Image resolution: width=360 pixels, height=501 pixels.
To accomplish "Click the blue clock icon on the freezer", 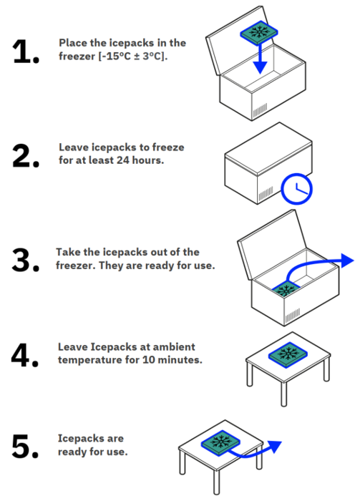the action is click(296, 189).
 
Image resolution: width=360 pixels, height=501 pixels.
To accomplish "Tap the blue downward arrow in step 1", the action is click(261, 59).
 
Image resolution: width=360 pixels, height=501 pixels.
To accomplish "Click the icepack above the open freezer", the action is click(259, 33).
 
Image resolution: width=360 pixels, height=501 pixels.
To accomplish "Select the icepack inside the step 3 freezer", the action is click(286, 290).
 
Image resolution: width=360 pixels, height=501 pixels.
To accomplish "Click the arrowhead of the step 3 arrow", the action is click(347, 261).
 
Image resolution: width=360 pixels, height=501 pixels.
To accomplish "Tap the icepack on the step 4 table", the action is click(288, 355).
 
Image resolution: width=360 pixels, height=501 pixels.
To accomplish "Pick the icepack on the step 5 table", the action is click(220, 443).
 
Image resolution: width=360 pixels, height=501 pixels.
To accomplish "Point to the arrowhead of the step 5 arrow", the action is click(275, 447).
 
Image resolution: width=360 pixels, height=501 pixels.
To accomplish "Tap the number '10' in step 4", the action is click(149, 360).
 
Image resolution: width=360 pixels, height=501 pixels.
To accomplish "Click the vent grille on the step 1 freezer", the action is click(260, 110).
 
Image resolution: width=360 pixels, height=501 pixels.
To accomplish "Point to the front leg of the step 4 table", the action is click(283, 394).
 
